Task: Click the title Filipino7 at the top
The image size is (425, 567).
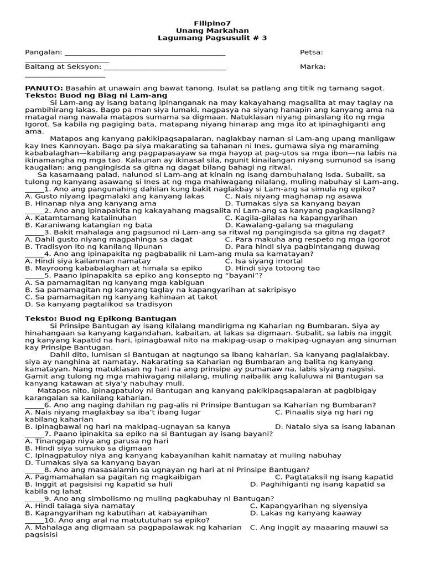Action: click(212, 23)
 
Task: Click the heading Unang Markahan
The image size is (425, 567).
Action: click(212, 30)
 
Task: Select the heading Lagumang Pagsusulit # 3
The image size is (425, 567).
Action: click(212, 38)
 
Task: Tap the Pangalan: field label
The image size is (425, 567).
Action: click(44, 53)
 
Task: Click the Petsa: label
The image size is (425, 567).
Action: click(312, 53)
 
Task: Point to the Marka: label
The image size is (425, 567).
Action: click(313, 67)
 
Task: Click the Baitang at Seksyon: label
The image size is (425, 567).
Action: click(63, 67)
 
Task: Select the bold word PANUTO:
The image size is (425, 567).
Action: click(44, 88)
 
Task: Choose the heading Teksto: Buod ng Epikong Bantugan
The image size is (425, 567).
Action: click(101, 318)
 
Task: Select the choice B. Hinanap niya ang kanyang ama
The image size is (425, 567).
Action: click(91, 203)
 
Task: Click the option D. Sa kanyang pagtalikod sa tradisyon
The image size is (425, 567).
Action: click(95, 304)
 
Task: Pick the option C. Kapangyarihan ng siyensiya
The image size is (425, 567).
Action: click(308, 506)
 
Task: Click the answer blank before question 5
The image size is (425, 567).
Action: click(34, 275)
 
